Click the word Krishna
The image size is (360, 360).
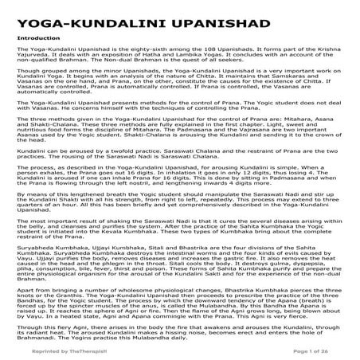coord(325,49)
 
